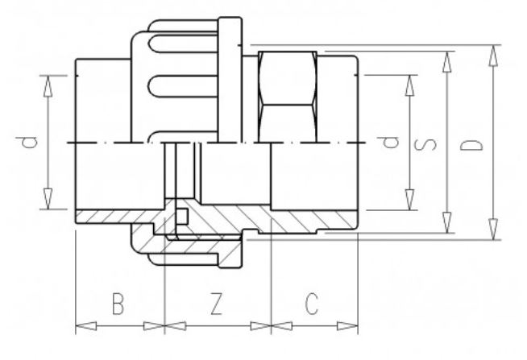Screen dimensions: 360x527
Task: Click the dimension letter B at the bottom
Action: click(x=118, y=304)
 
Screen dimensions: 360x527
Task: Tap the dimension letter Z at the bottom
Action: click(x=216, y=304)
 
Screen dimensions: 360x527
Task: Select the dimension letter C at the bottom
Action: click(x=313, y=304)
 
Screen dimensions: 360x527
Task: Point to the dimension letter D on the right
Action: click(x=476, y=144)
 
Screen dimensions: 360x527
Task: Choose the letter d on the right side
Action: click(x=391, y=143)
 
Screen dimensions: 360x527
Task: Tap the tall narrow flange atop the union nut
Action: click(x=231, y=81)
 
